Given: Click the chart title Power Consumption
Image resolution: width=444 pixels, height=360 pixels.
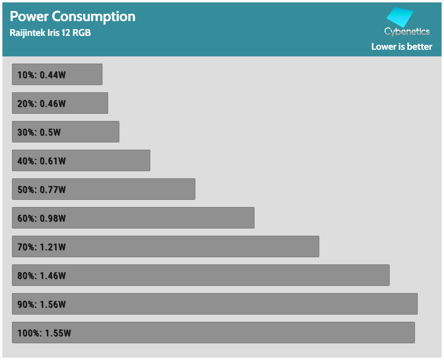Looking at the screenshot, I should (72, 16).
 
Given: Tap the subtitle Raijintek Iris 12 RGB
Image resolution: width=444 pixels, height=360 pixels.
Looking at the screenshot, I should (50, 33).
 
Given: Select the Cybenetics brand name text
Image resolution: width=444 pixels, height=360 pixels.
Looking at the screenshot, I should (407, 32).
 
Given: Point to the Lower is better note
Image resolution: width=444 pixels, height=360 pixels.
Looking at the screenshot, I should (401, 46).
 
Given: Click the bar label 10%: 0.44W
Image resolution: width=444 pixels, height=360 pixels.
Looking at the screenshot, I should (41, 75).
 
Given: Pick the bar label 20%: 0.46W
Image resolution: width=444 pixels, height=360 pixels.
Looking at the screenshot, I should (41, 103).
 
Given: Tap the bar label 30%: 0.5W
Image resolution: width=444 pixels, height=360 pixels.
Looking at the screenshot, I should (39, 132).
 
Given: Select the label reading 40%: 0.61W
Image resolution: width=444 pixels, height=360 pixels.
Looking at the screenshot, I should (41, 161).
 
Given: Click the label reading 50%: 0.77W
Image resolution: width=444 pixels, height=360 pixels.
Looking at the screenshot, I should (41, 189).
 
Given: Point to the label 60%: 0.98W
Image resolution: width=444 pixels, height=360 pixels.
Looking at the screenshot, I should (41, 218).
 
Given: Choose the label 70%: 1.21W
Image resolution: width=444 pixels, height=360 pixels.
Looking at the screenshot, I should (41, 247).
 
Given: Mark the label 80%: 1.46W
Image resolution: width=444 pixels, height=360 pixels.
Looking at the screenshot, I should (41, 275).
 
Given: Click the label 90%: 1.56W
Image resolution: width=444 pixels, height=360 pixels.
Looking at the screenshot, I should (41, 304).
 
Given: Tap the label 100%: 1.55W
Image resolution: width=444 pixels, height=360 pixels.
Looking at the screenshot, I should (44, 333).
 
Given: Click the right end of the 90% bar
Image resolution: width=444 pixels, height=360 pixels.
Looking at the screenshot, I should (416, 304).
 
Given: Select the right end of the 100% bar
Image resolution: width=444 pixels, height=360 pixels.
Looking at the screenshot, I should (413, 333).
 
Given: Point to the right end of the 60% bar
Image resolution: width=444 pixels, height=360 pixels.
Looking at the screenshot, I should (252, 218).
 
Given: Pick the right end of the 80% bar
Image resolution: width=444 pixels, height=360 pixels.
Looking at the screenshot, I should (388, 275).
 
